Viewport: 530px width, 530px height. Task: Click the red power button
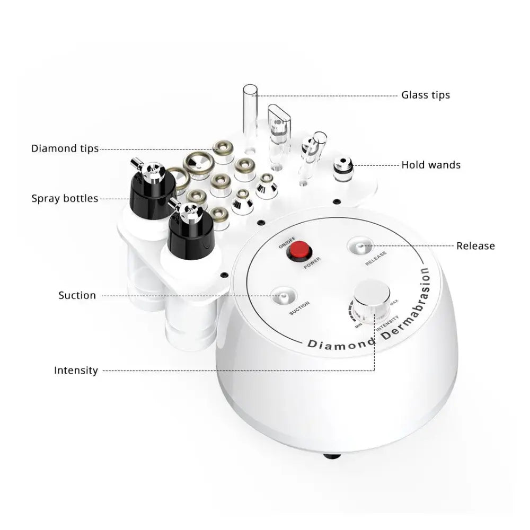(298, 250)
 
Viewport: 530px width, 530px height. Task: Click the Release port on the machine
(360, 246)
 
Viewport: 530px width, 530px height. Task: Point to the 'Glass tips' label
(425, 95)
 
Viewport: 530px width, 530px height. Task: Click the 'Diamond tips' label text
(65, 148)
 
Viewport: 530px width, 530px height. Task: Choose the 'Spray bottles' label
(65, 199)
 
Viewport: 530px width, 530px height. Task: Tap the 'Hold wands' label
(430, 165)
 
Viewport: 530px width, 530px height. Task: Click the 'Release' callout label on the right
(475, 246)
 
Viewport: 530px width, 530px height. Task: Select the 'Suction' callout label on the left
(77, 295)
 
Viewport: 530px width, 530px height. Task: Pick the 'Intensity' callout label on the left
(76, 370)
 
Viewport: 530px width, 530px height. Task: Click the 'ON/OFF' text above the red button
(285, 244)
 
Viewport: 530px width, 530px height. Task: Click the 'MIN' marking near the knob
(358, 325)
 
